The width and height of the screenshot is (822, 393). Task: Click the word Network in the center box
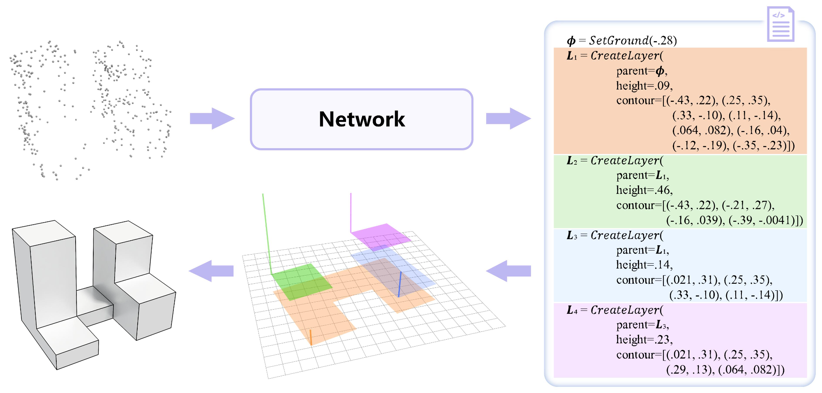point(362,119)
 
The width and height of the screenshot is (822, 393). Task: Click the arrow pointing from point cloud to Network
point(212,119)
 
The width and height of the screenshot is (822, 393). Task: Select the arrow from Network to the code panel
point(508,119)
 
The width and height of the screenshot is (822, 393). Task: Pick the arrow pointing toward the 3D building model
point(211,271)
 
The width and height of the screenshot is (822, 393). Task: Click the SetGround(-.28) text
point(633,40)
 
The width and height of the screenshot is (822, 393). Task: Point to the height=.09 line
point(644,85)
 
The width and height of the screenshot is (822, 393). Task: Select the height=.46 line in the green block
point(644,190)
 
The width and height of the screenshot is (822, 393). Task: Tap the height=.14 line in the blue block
point(644,264)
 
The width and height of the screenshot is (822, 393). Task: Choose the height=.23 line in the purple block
point(644,339)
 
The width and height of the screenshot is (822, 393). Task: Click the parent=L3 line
point(642,324)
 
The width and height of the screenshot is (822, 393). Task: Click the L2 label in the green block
point(572,161)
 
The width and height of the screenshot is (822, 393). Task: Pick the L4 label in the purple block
point(572,310)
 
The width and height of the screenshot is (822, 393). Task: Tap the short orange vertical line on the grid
point(311,337)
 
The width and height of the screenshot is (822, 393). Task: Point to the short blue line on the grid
point(399,284)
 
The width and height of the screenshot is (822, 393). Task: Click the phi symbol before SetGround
point(571,40)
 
